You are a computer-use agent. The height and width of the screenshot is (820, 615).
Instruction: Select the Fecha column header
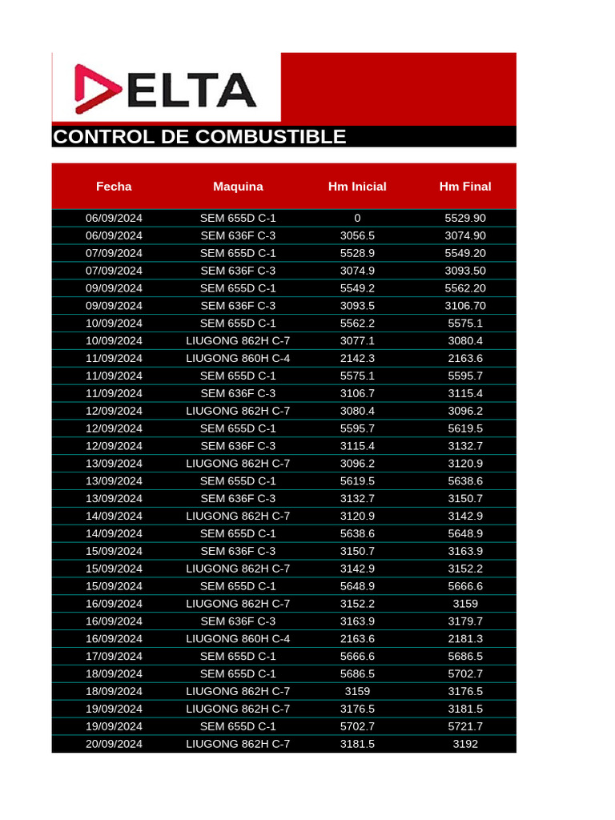(114, 187)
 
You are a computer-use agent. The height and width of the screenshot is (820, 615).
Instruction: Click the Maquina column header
(238, 187)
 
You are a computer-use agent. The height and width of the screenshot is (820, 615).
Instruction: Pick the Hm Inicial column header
(357, 187)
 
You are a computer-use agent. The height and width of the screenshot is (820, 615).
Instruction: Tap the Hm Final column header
(465, 187)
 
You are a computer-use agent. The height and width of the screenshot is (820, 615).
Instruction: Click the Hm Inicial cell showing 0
(357, 218)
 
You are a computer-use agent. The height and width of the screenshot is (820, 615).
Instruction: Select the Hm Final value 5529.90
(465, 218)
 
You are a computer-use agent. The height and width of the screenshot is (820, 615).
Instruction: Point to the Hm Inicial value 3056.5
(357, 235)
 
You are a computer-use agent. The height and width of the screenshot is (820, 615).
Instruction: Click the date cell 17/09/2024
(114, 656)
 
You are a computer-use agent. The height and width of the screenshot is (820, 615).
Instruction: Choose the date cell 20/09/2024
(114, 744)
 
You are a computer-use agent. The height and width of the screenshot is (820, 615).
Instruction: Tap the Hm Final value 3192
(465, 744)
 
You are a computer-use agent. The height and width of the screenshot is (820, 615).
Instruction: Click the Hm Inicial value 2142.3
(357, 358)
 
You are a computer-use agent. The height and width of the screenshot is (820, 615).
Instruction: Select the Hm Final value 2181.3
(465, 638)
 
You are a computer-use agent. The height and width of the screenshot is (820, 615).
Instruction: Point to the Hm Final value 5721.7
(465, 726)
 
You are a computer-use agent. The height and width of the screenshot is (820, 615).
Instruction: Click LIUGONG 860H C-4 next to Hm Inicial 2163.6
(238, 638)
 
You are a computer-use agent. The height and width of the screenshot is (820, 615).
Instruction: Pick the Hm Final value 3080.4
(465, 340)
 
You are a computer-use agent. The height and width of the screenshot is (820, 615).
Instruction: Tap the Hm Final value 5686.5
(465, 656)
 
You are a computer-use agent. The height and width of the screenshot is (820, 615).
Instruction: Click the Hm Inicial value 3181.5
(357, 744)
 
